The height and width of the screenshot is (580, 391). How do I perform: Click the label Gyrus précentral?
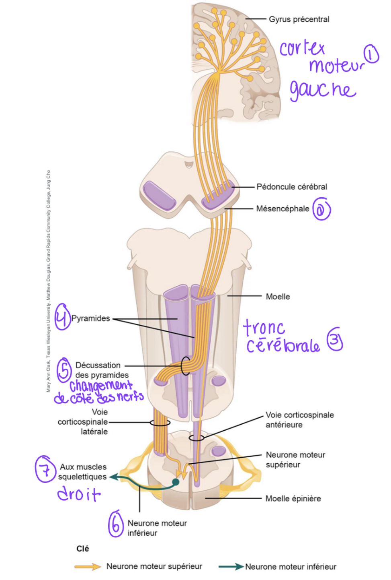299,19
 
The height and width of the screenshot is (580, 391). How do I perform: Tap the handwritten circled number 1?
371,54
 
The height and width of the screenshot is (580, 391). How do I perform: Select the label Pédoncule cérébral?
292,187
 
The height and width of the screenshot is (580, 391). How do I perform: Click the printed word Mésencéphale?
283,208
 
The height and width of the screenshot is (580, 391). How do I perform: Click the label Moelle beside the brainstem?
278,297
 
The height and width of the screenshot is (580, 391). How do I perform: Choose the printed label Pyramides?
90,318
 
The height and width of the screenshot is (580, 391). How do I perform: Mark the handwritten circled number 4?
62,317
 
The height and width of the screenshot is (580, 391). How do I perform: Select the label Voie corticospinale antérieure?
299,420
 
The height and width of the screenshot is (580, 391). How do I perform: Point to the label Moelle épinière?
293,499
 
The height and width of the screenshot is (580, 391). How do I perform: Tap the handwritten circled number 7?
45,469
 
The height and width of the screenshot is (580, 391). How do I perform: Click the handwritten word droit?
79,494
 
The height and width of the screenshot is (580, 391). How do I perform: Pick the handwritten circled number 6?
116,524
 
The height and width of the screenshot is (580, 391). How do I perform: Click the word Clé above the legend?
82,549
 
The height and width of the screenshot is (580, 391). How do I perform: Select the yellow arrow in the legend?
88,567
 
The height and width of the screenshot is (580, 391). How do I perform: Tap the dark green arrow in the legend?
231,567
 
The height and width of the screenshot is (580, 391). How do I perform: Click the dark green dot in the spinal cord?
176,481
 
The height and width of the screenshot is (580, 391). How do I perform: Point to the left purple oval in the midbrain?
160,195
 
